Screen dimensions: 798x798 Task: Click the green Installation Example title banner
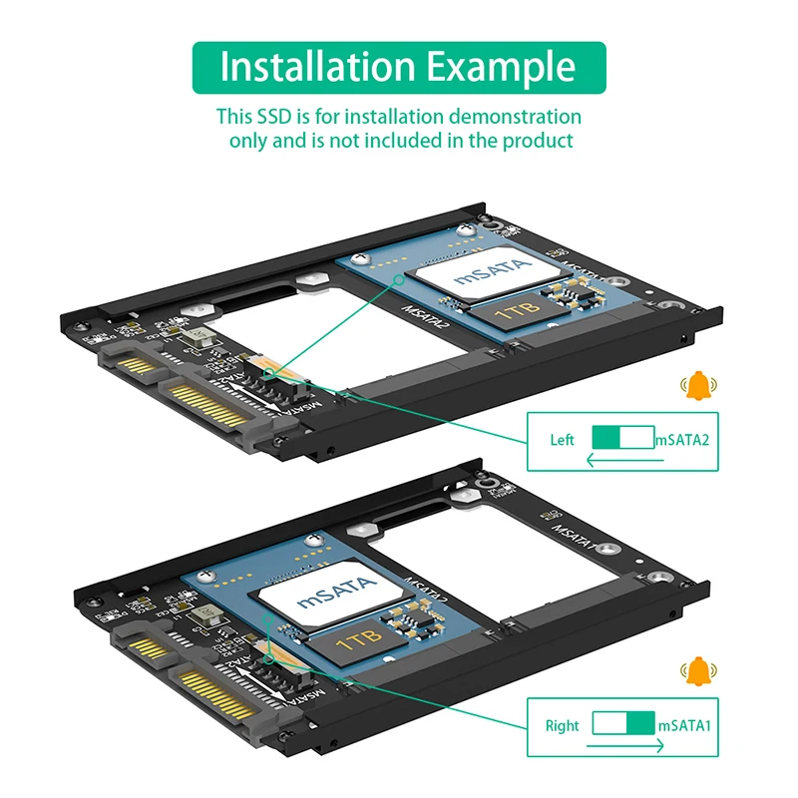[399, 68]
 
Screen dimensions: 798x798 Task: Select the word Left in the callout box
[563, 440]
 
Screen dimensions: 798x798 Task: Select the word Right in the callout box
[562, 725]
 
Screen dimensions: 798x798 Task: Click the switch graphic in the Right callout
[623, 724]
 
